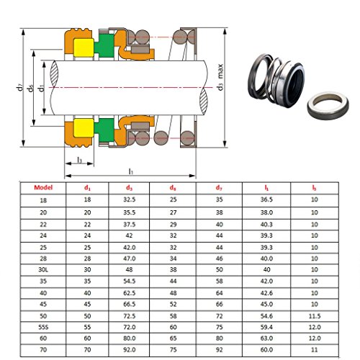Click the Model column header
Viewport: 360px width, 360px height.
pyautogui.click(x=43, y=188)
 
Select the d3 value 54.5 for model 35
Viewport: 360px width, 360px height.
pyautogui.click(x=129, y=281)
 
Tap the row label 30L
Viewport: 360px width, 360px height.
pyautogui.click(x=43, y=270)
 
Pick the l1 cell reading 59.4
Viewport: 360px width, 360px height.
pyautogui.click(x=266, y=327)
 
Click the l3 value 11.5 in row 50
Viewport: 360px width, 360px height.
pyautogui.click(x=315, y=316)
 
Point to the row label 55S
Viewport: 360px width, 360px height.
pyautogui.click(x=43, y=327)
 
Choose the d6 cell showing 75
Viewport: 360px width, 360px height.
pyautogui.click(x=173, y=350)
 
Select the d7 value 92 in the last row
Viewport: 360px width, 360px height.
pyautogui.click(x=219, y=350)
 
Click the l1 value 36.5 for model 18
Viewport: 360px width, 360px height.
pyautogui.click(x=266, y=199)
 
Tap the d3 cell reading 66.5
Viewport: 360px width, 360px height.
pyautogui.click(x=129, y=304)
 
